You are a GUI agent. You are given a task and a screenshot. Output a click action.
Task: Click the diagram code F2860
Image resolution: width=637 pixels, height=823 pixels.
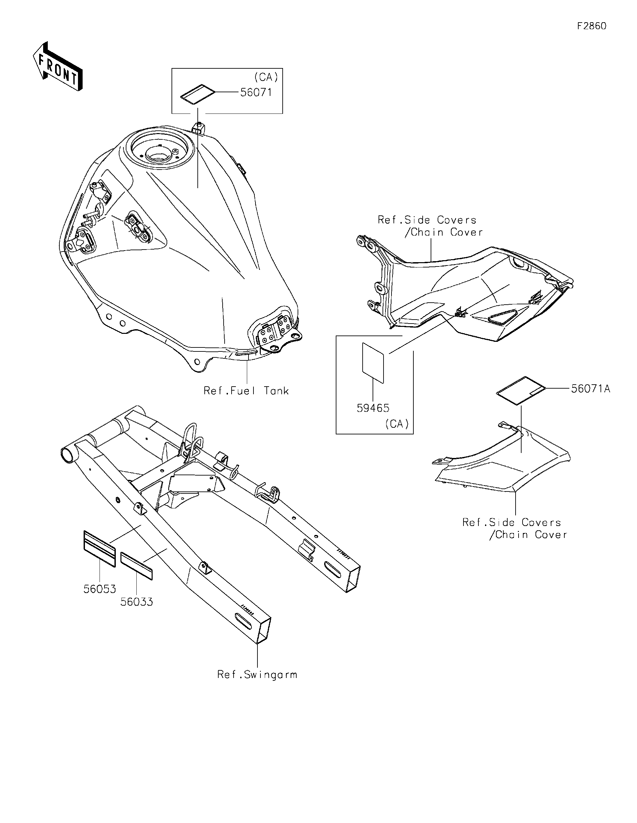(592, 26)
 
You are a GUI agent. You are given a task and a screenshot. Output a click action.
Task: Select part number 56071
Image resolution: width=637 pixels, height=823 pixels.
(256, 92)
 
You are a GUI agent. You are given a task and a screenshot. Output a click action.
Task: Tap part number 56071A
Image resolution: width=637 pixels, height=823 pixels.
(590, 389)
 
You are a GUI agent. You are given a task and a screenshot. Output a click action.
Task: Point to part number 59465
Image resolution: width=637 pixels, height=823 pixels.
(373, 408)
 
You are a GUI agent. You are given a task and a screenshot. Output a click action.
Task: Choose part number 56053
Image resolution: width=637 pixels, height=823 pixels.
(100, 589)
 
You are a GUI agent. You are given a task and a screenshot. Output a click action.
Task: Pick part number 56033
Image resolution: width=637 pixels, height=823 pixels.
(137, 602)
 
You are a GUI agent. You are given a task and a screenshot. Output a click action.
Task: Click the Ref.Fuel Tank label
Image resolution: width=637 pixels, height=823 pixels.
(246, 391)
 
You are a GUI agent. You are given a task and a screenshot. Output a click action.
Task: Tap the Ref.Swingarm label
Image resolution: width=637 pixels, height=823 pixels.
(257, 675)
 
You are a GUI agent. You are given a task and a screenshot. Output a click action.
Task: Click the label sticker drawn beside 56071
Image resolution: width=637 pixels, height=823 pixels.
(198, 94)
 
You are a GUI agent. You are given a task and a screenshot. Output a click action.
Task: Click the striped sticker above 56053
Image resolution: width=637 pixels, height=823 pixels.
(100, 549)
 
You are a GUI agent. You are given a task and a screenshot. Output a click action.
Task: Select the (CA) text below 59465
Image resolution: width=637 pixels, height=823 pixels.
(397, 424)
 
